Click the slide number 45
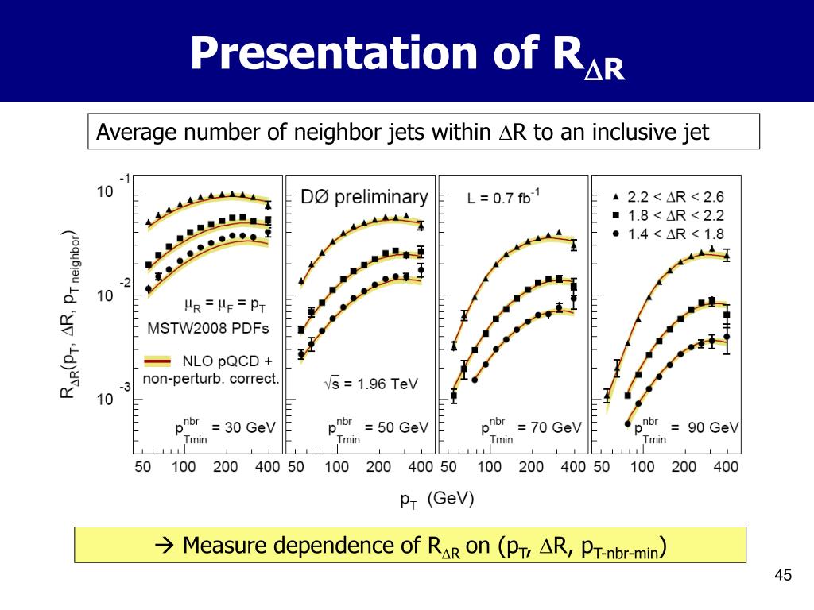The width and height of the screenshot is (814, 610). [x=783, y=576]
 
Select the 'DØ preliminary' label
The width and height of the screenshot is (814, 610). [x=364, y=197]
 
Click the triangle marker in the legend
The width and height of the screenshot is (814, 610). [x=616, y=196]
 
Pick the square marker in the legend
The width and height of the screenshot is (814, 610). [x=616, y=215]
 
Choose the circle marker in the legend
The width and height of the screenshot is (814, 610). [x=616, y=234]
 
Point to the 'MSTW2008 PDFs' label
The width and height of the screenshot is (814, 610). [x=209, y=327]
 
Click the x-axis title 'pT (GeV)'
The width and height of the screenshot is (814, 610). [x=436, y=500]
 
